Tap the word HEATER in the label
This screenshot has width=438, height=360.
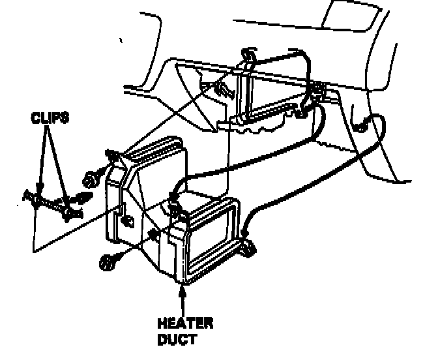[184, 323]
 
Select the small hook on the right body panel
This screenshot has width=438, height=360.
[362, 121]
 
